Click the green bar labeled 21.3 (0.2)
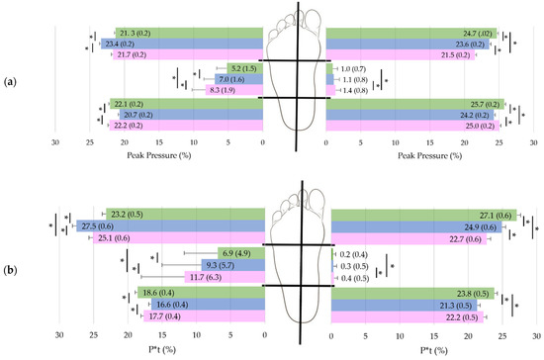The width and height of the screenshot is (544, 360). [x=189, y=33]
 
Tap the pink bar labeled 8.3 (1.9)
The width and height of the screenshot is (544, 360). [x=233, y=90]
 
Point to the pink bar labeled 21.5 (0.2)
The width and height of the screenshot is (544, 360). [x=401, y=54]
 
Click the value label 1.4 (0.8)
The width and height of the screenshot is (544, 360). [x=353, y=90]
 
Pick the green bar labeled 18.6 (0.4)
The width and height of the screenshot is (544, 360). [x=199, y=294]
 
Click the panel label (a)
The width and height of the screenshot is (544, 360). [x=12, y=78]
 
